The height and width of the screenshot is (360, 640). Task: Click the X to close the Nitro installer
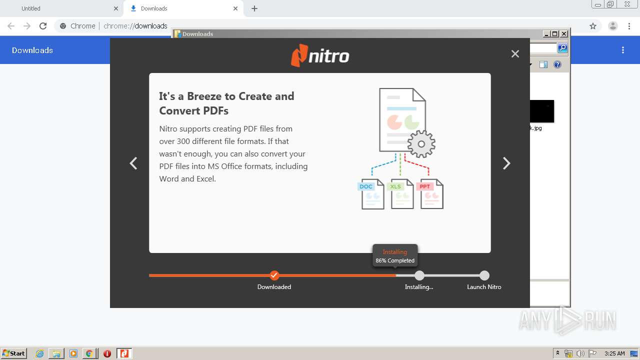click(515, 54)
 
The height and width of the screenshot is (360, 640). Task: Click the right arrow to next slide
click(506, 163)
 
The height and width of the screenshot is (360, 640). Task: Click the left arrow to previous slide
click(133, 163)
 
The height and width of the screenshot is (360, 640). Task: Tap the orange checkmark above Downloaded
click(274, 275)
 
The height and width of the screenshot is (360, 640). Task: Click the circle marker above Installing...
click(419, 275)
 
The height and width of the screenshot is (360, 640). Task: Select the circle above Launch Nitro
click(484, 275)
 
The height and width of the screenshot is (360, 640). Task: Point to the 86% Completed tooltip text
click(395, 260)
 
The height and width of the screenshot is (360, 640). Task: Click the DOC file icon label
click(366, 186)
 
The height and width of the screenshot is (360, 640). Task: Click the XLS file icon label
click(395, 186)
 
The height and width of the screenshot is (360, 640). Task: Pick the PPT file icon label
click(424, 186)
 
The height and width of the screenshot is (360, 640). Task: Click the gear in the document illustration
click(421, 144)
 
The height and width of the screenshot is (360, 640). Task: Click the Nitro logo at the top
click(320, 55)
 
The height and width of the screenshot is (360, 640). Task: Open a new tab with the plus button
click(254, 8)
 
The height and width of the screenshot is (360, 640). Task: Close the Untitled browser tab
click(116, 8)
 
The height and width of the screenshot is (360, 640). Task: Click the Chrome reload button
click(43, 26)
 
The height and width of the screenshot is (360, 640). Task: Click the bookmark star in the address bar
click(593, 26)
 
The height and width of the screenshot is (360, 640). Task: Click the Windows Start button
click(14, 353)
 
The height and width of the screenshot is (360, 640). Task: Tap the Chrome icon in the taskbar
click(89, 353)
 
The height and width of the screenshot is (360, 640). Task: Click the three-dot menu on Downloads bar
click(623, 50)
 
